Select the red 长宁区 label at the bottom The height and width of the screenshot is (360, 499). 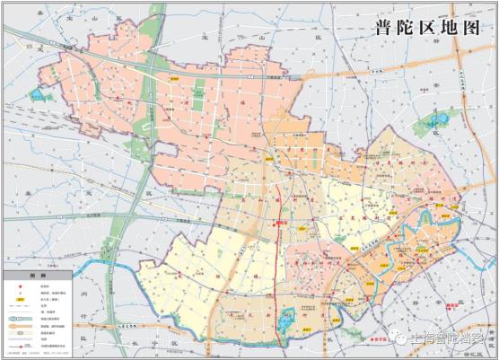[379, 340]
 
